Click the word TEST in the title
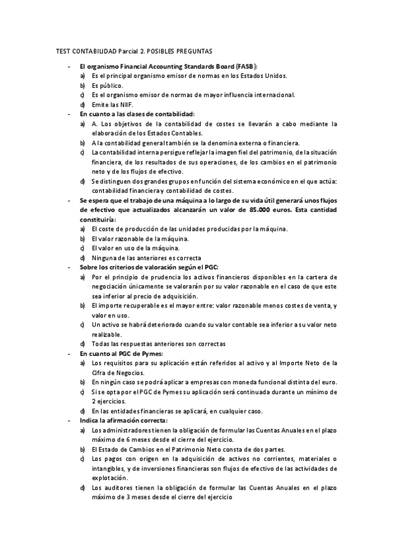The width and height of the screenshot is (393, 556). (62, 50)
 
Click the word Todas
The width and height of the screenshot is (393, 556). (102, 343)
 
